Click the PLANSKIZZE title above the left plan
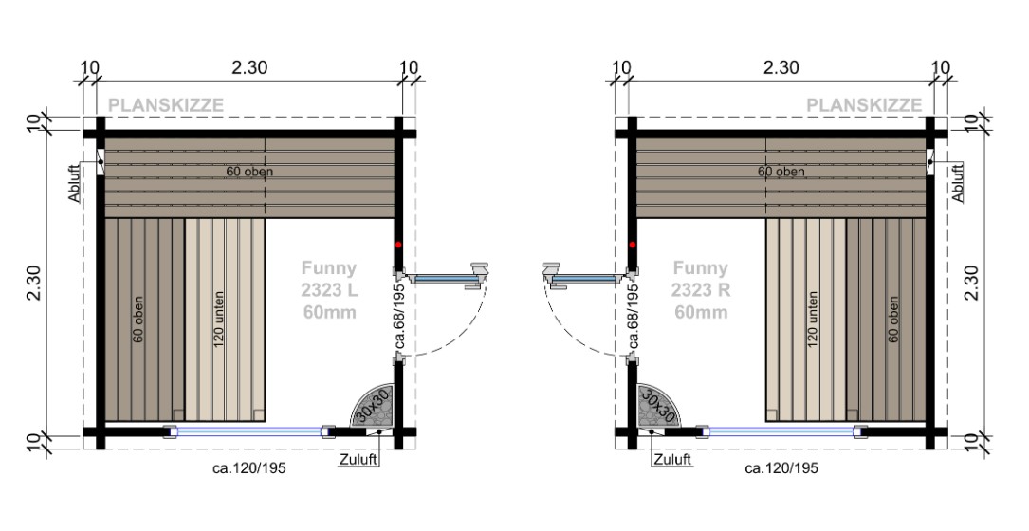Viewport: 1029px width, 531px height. [x=166, y=105]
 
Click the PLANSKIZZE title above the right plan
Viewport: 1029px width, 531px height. [x=863, y=105]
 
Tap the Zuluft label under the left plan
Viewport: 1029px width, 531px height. [x=358, y=460]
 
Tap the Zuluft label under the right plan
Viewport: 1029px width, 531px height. [x=671, y=460]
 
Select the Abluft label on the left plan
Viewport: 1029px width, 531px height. [x=76, y=181]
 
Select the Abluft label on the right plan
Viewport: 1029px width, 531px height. [x=956, y=181]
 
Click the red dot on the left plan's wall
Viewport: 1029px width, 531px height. [x=400, y=244]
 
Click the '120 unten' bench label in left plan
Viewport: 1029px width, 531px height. [x=219, y=319]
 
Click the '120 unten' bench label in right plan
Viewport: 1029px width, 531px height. [x=812, y=319]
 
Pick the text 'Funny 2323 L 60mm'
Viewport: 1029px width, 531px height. [x=329, y=289]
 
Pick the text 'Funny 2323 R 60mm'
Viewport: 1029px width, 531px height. [x=700, y=289]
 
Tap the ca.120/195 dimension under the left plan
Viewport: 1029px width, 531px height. [x=249, y=468]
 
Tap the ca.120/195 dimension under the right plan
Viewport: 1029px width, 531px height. [x=781, y=468]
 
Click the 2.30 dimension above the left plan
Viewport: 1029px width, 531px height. [x=249, y=67]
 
